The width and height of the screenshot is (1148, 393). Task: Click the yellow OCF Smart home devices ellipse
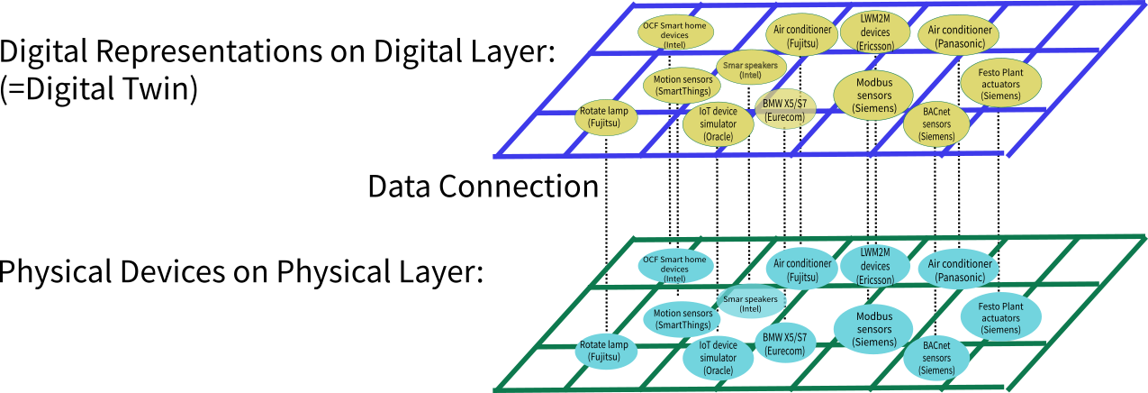[675, 32]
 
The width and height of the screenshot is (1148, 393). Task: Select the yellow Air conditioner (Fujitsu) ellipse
[803, 36]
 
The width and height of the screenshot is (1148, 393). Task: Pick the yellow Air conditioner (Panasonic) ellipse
[960, 35]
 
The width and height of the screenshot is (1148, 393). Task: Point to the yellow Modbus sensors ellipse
[873, 95]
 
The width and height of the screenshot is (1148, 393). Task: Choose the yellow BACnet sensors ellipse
[936, 124]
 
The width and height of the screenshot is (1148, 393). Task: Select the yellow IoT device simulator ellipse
[718, 124]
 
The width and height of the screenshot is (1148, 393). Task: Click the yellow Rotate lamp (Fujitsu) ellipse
[608, 117]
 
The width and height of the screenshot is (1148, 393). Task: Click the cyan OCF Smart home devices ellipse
[675, 267]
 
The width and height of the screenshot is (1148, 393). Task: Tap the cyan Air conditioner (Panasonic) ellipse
[960, 270]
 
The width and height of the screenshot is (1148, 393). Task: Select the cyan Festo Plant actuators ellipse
[999, 318]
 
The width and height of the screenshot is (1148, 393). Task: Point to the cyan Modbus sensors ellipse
[873, 329]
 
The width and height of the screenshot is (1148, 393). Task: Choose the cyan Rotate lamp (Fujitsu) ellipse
[607, 351]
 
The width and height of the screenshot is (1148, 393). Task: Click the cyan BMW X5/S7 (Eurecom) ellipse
[785, 343]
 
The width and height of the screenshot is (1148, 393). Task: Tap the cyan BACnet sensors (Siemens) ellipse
[936, 358]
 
